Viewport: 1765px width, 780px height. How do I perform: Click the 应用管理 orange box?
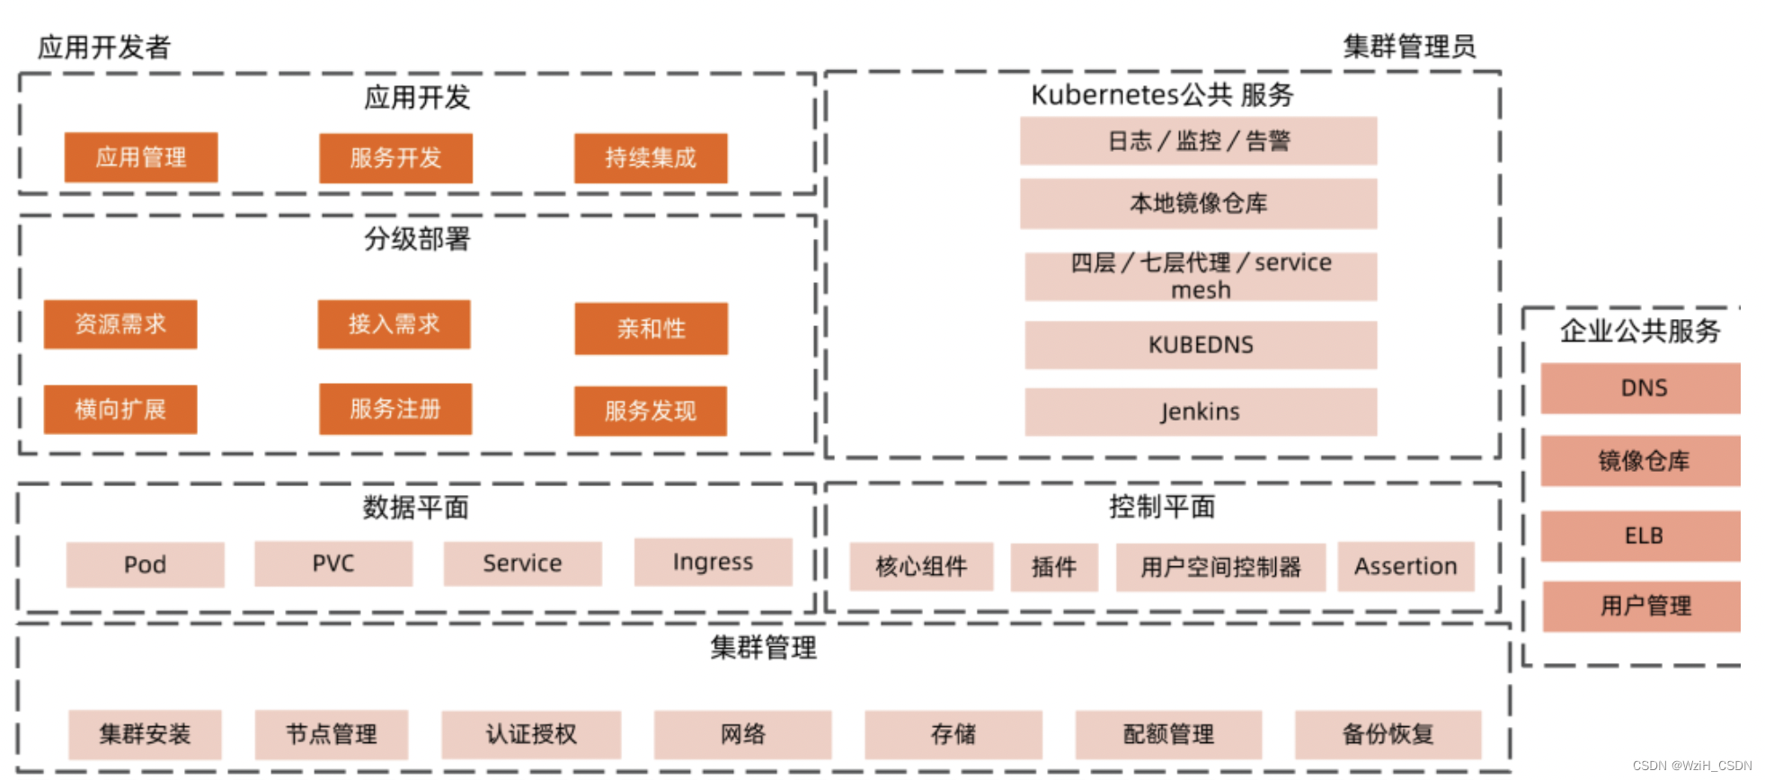tap(141, 157)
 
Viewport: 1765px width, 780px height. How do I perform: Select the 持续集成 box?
tap(651, 158)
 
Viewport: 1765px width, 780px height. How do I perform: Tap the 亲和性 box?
tap(651, 328)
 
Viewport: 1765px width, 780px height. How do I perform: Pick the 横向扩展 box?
tap(120, 409)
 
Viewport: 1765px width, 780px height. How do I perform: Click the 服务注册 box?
tap(395, 409)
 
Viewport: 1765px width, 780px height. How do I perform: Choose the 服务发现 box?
tap(651, 411)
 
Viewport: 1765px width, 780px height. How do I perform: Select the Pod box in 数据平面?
tap(145, 564)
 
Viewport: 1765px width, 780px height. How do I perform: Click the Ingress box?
tap(713, 562)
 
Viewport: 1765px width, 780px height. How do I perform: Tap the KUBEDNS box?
tap(1201, 344)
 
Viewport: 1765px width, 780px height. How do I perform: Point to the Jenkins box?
tap(1201, 412)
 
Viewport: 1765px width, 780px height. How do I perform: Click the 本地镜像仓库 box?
tap(1198, 203)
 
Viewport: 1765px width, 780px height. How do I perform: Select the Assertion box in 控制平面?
tap(1406, 566)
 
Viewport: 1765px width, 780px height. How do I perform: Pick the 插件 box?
tap(1054, 567)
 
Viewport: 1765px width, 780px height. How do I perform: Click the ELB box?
tap(1643, 536)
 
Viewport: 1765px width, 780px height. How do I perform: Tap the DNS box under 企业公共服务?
tap(1643, 388)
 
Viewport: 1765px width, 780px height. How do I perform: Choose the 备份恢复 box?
tap(1388, 734)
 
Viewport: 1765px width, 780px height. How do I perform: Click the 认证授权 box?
tap(531, 734)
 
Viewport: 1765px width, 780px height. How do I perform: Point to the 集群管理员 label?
tap(1409, 47)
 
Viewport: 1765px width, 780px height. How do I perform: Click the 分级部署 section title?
tap(417, 239)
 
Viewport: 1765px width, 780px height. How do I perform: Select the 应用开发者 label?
tap(104, 47)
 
